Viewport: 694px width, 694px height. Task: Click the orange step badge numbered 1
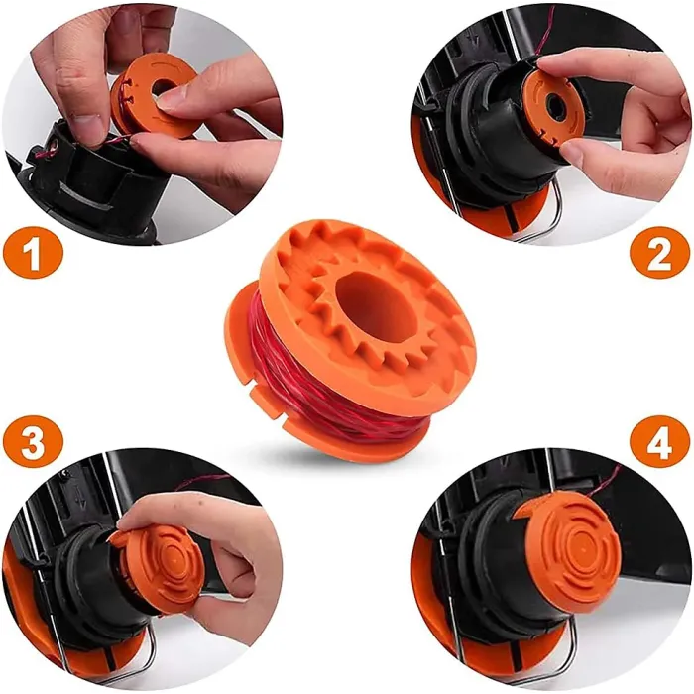click(33, 256)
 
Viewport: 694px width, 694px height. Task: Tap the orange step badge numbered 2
click(659, 256)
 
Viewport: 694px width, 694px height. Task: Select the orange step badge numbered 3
click(33, 442)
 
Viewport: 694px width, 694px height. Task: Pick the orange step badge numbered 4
click(659, 442)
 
